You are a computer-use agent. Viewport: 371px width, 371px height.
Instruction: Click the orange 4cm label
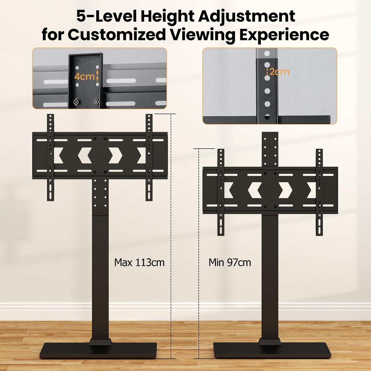click(x=84, y=77)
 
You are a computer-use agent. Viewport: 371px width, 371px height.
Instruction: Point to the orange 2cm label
click(x=279, y=72)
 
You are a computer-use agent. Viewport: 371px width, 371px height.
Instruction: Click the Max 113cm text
click(x=139, y=262)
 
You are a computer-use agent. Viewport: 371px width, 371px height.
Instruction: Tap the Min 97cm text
click(x=230, y=262)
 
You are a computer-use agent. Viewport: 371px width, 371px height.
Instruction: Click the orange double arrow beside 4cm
click(x=97, y=75)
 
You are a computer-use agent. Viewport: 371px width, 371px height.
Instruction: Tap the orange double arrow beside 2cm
click(x=267, y=72)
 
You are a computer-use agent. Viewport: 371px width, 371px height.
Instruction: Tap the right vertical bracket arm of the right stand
click(x=319, y=192)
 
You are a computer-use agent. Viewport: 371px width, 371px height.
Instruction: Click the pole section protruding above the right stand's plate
click(x=270, y=149)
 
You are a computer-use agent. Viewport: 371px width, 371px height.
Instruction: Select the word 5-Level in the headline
click(x=107, y=16)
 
